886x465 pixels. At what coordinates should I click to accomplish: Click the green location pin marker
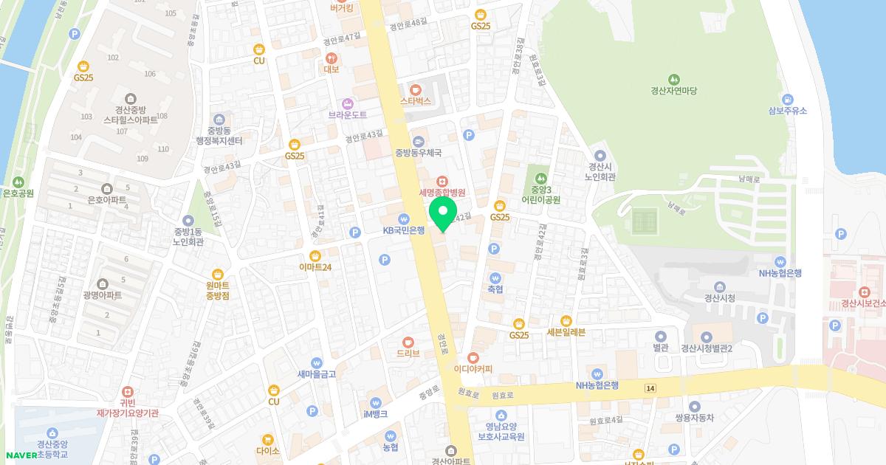[443, 213]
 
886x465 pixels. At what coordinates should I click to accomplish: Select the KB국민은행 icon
[403, 218]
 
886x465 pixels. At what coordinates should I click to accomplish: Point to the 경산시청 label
[720, 298]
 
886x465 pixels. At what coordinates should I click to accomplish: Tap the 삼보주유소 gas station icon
[788, 99]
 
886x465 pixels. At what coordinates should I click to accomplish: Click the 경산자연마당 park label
[673, 91]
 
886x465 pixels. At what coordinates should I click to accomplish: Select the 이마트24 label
[315, 267]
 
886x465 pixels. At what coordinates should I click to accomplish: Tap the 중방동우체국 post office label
[418, 153]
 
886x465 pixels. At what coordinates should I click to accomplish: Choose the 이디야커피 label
[473, 369]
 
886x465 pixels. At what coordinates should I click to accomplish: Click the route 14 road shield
[650, 387]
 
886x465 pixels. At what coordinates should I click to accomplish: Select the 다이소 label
[268, 450]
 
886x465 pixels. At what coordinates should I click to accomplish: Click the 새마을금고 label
[317, 374]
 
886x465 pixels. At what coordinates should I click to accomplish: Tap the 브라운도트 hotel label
[348, 115]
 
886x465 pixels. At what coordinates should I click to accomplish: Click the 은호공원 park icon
[18, 182]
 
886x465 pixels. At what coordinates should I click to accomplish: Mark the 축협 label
[495, 289]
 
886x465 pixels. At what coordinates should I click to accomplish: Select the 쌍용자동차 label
[695, 418]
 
